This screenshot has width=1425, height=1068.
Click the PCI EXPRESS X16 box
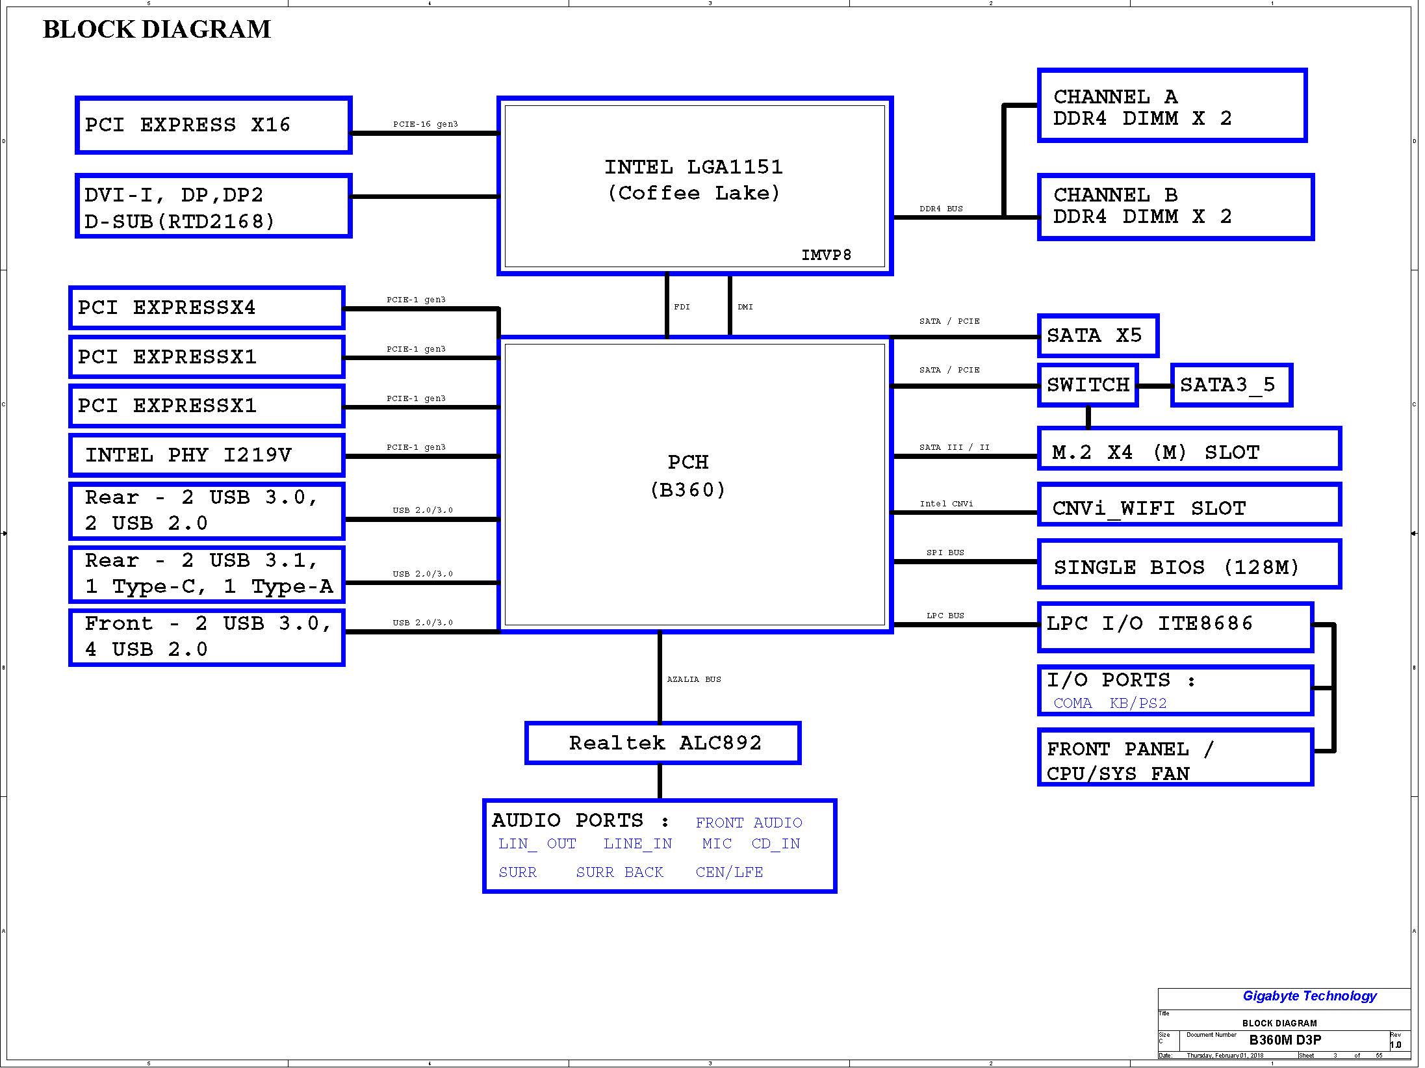[x=214, y=125]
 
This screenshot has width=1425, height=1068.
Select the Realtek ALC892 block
[x=663, y=743]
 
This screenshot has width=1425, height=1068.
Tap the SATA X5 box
[x=1098, y=336]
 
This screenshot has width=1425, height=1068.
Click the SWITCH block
[x=1088, y=385]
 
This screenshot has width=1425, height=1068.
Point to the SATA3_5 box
[x=1232, y=385]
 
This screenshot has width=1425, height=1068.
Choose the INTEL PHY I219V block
[x=207, y=455]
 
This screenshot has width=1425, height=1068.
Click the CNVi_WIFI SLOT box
[x=1189, y=505]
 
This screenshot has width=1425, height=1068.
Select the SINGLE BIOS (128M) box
[x=1189, y=564]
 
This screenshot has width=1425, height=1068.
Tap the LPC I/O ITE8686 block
[x=1175, y=627]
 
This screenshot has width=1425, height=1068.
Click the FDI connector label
[x=682, y=307]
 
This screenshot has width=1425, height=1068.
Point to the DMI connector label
[x=745, y=307]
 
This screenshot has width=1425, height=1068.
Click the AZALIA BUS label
[x=694, y=679]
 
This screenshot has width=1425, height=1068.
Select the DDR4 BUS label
[x=941, y=209]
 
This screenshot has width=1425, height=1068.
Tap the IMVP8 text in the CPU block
[x=826, y=255]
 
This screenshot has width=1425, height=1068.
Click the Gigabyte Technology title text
[x=1309, y=996]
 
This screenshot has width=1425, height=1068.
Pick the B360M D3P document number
[x=1285, y=1040]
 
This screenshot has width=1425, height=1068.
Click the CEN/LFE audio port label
[x=729, y=872]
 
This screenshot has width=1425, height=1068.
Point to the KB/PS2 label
[x=1138, y=703]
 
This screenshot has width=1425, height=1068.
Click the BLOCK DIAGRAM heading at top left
[x=157, y=29]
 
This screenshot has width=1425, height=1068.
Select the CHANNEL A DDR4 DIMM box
[x=1172, y=105]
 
